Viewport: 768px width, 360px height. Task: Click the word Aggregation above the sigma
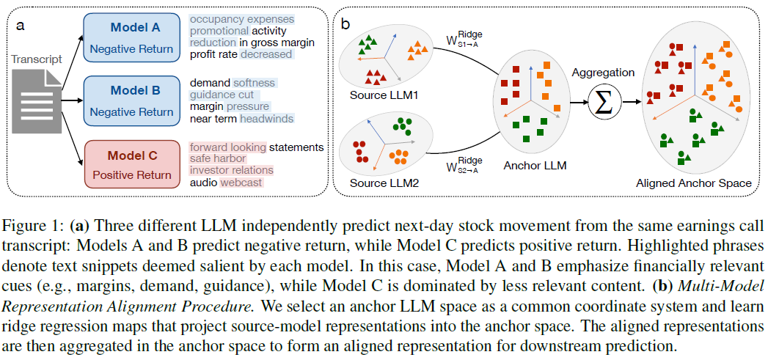604,73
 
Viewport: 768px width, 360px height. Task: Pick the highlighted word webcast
241,183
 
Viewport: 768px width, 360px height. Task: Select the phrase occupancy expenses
241,18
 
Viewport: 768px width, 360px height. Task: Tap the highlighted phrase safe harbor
218,159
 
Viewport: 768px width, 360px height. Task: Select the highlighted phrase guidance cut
222,95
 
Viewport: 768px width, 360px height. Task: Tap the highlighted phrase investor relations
231,171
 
